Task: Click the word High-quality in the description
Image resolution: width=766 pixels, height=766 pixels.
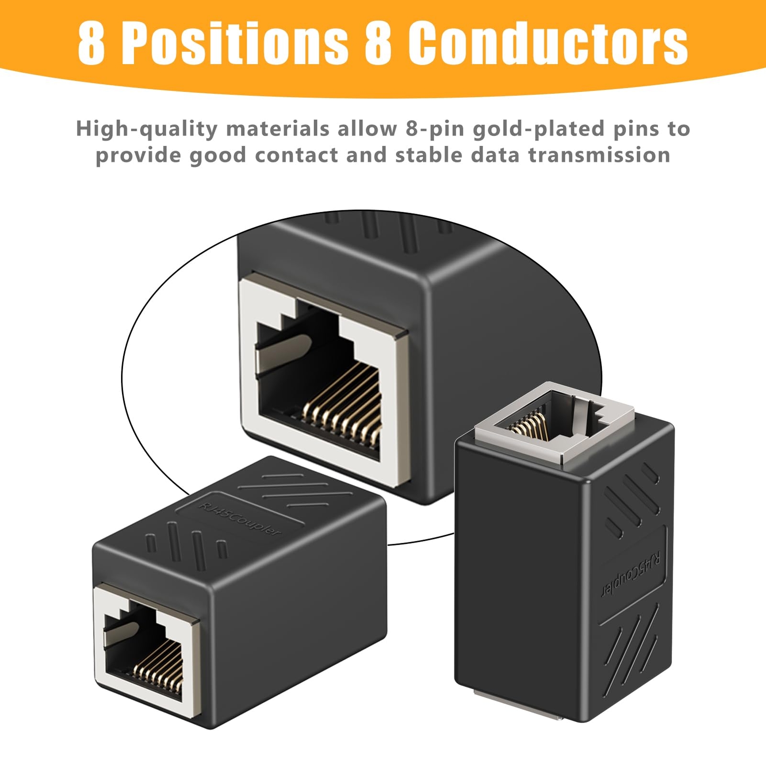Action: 146,129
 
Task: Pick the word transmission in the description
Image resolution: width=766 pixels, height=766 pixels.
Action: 599,155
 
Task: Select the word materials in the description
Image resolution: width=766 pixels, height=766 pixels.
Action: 278,129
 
